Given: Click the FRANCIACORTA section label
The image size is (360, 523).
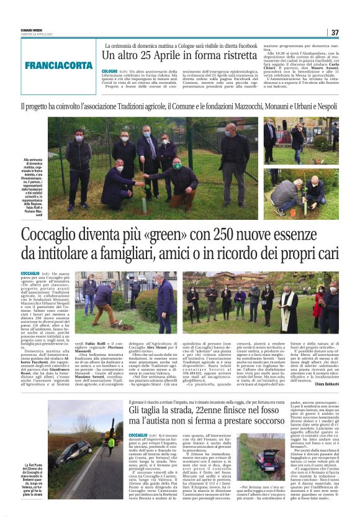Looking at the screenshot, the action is [58, 65].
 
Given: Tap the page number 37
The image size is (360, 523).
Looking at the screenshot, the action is [335, 32].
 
